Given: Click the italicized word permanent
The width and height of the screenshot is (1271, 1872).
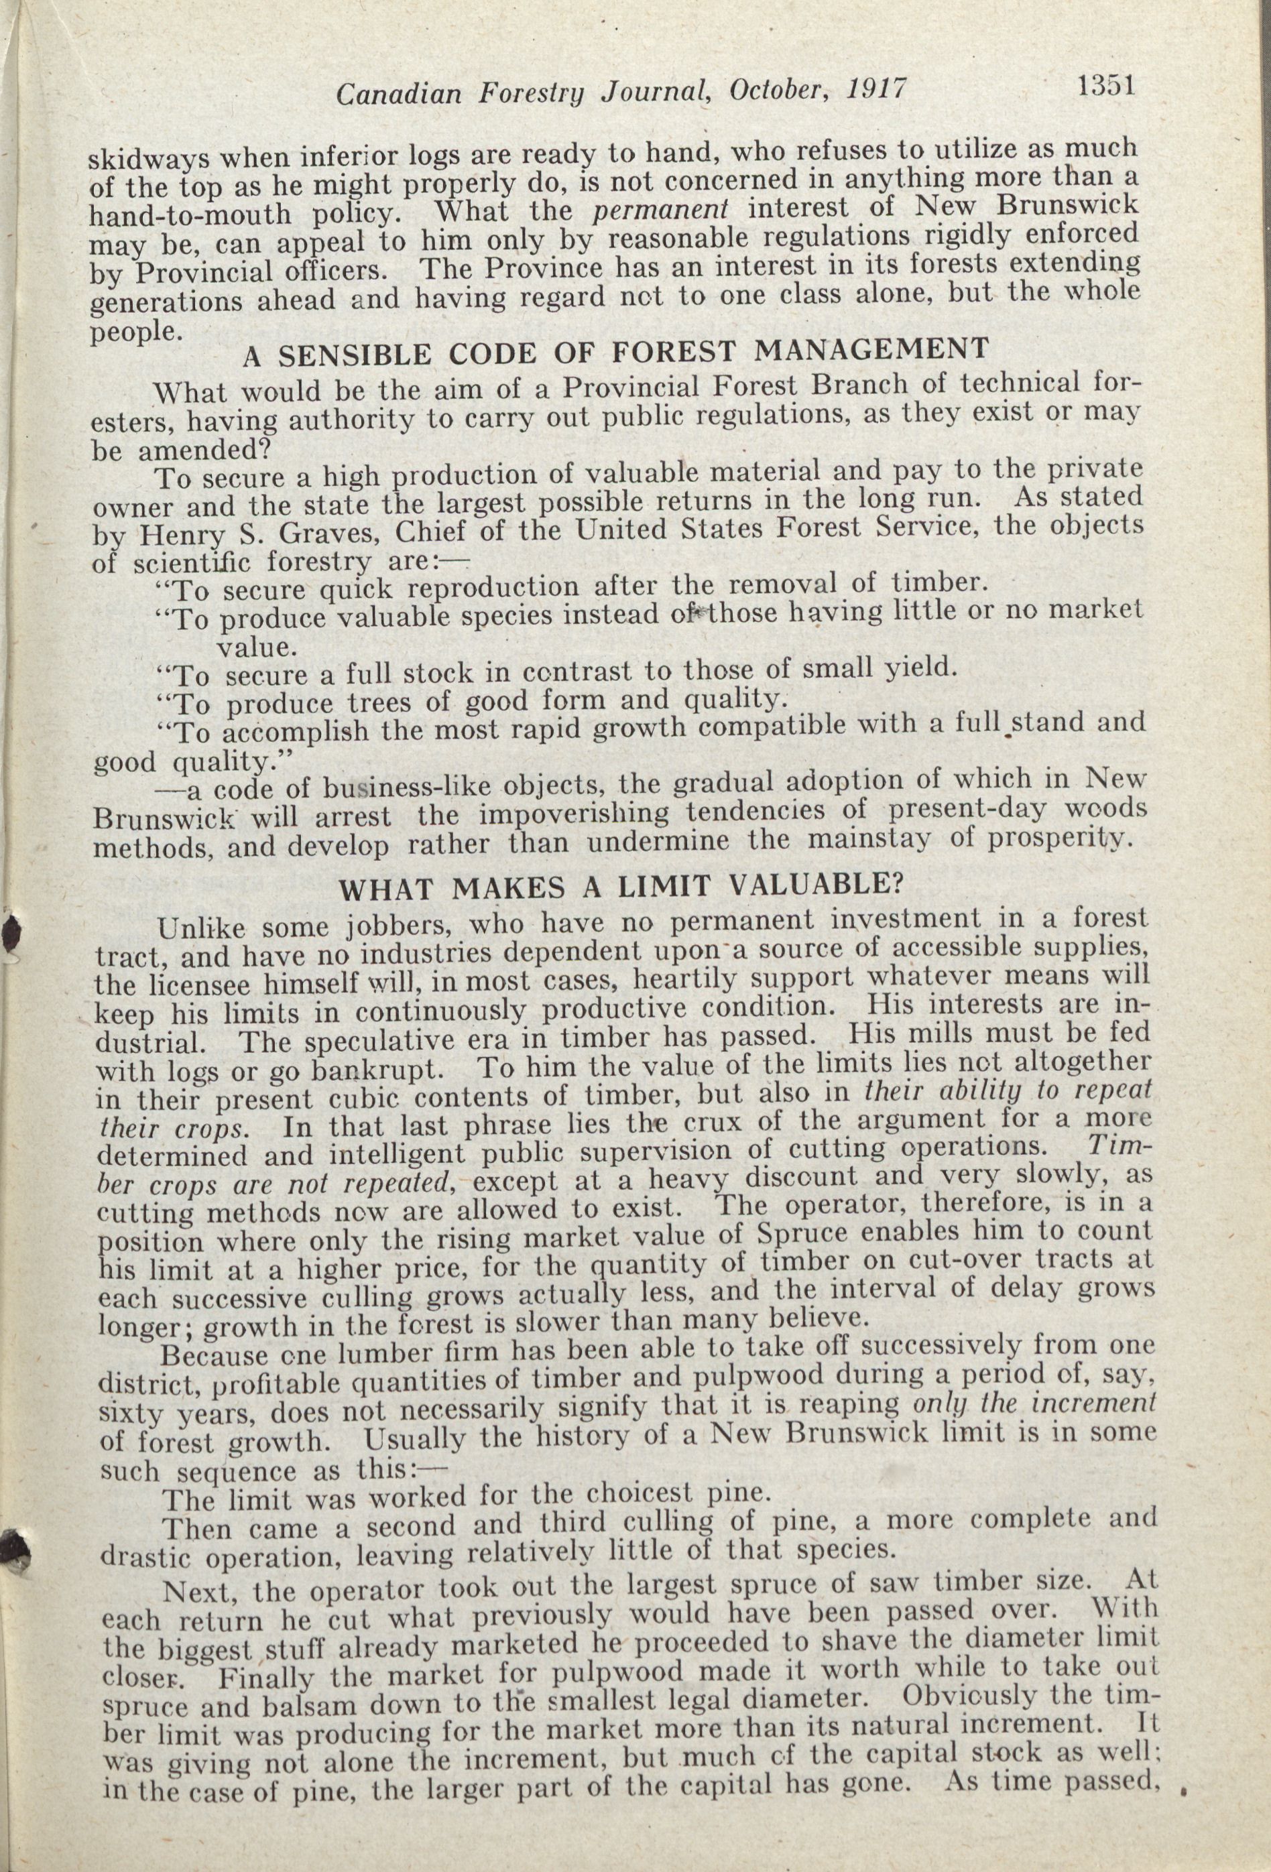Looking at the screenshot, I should (660, 210).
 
